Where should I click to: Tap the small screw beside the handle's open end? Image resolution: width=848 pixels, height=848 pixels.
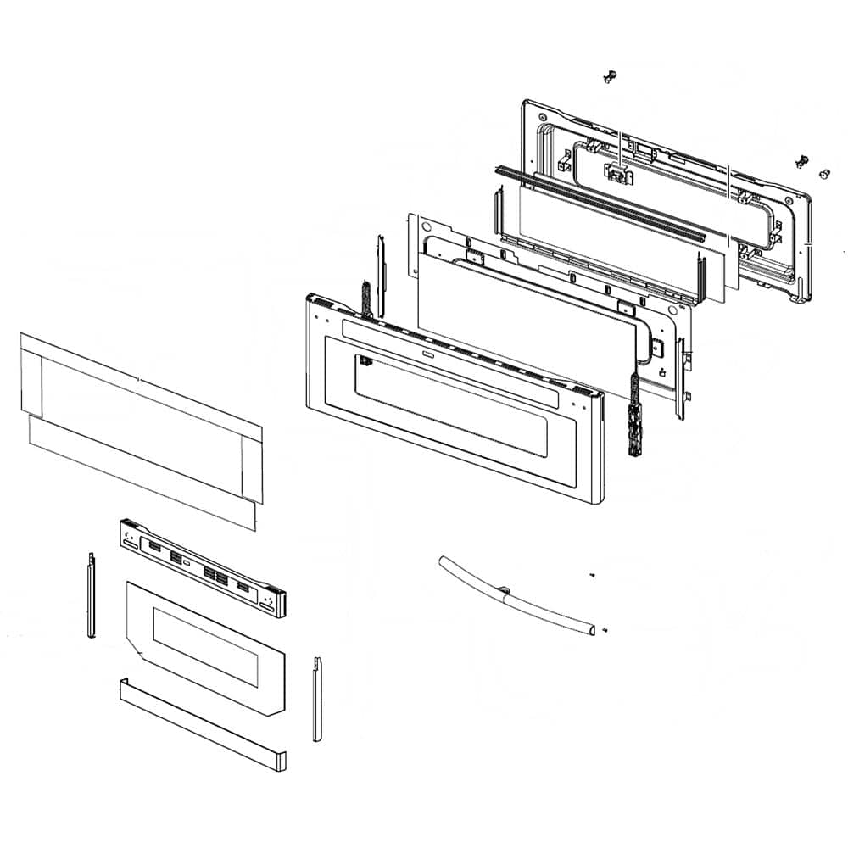[x=604, y=630]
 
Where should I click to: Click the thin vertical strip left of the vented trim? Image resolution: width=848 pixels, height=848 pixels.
[x=90, y=594]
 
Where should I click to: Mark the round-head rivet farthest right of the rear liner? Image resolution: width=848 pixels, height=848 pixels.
[x=823, y=173]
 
